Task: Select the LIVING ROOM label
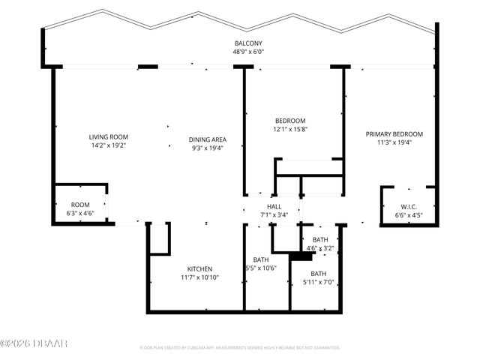(109, 137)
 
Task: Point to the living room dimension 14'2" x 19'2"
(109, 147)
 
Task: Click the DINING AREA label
(208, 139)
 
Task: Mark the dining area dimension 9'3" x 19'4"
(208, 148)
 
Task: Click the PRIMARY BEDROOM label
(394, 134)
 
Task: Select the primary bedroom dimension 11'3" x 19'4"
(394, 142)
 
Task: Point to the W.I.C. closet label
(409, 207)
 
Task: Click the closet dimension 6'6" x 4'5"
(409, 216)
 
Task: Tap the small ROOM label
(80, 205)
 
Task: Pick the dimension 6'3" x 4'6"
(80, 213)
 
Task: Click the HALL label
(274, 206)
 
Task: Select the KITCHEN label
(199, 268)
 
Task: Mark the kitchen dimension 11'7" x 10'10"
(199, 277)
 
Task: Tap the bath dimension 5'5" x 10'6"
(260, 268)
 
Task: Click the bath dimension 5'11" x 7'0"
(319, 282)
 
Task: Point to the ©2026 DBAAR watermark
(34, 344)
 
